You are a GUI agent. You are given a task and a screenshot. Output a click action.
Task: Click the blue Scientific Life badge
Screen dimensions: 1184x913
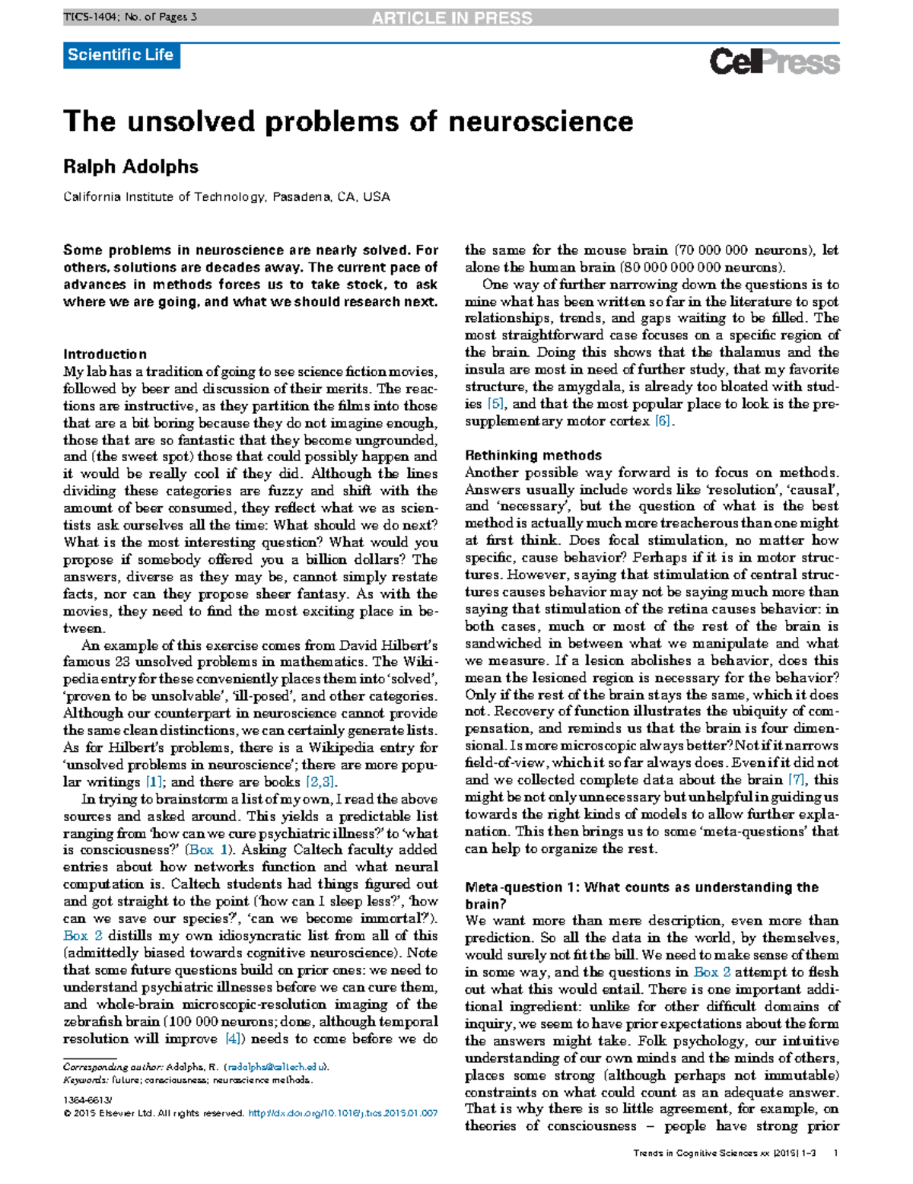tap(121, 55)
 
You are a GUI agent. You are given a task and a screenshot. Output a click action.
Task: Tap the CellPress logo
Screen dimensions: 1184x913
tap(774, 62)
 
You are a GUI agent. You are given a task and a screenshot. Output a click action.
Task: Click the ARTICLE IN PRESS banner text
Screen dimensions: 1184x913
tap(452, 18)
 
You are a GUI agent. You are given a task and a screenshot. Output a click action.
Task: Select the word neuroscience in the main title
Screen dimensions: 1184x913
tap(540, 122)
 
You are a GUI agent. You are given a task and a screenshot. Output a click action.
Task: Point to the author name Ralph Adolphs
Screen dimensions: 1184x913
tap(130, 167)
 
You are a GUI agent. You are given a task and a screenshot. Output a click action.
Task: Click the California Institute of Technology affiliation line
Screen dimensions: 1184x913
tap(226, 197)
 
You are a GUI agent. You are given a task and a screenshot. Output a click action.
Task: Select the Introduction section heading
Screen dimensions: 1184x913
tap(105, 355)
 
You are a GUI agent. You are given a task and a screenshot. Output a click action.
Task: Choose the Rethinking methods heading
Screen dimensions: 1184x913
tap(533, 456)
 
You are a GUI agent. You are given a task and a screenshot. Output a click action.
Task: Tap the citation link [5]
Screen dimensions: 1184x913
tap(495, 404)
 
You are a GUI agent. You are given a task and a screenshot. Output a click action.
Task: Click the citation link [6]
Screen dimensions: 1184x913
tap(663, 422)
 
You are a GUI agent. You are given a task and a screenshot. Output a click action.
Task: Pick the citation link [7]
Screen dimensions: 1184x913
tap(796, 780)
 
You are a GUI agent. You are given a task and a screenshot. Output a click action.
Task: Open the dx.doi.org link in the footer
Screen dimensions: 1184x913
tap(343, 1113)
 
